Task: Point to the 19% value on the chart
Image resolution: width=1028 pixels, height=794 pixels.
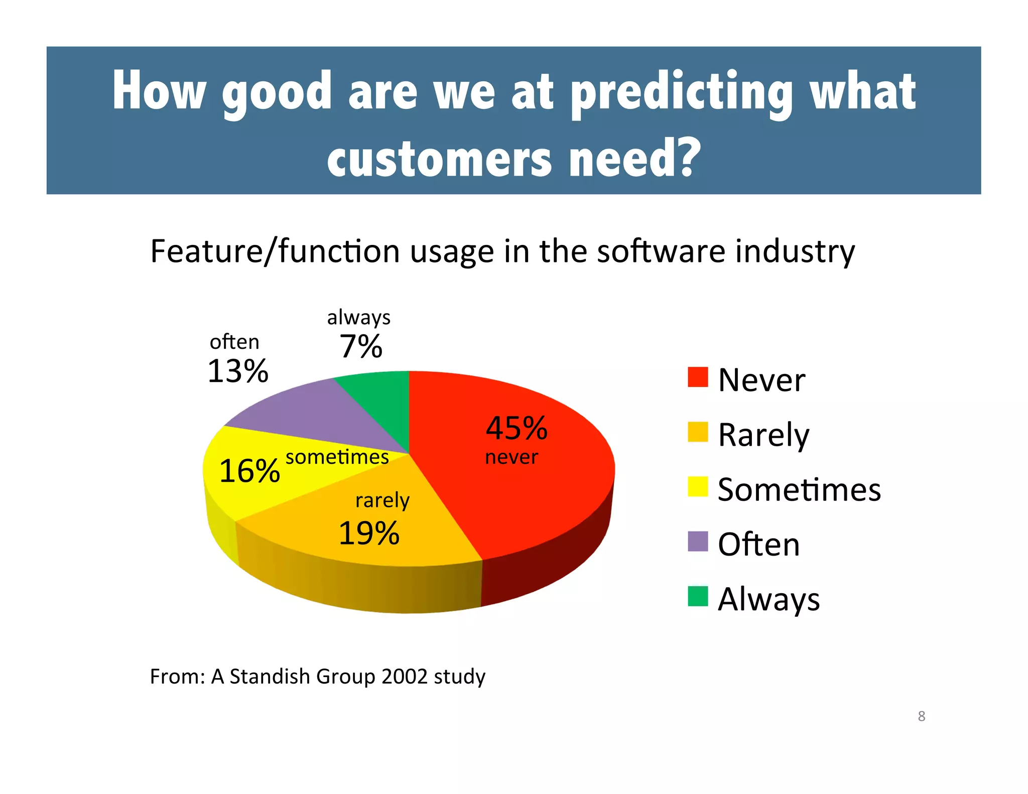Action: (x=369, y=533)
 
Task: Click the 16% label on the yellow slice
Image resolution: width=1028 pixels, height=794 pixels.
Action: (x=249, y=471)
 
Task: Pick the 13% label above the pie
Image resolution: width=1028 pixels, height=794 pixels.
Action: (x=238, y=371)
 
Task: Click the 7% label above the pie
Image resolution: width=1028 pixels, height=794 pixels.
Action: (x=361, y=346)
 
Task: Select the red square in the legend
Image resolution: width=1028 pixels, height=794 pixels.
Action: (x=698, y=377)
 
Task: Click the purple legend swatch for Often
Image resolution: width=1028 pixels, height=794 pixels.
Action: (x=698, y=542)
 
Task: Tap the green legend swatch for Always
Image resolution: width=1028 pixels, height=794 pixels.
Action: (x=698, y=596)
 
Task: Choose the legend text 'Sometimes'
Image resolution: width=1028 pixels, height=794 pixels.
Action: (x=799, y=490)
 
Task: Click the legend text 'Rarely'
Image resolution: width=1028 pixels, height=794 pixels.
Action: (x=763, y=435)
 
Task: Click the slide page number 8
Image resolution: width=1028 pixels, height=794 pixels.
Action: (x=922, y=716)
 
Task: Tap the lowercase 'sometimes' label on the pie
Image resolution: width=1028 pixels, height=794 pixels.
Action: (x=337, y=457)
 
